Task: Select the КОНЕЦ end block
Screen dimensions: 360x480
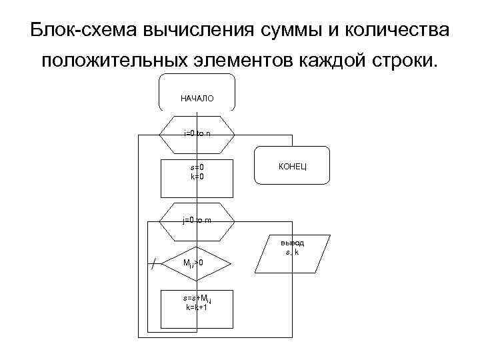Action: (293, 165)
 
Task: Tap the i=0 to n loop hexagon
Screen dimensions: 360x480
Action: (197, 134)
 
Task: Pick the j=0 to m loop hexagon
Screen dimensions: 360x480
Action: (197, 220)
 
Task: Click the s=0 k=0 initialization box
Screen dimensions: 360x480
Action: (197, 178)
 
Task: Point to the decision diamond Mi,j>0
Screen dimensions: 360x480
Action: (197, 263)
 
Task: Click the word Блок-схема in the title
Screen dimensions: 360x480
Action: (83, 31)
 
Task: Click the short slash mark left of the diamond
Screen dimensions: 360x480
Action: (155, 264)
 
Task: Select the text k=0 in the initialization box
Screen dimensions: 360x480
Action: (197, 176)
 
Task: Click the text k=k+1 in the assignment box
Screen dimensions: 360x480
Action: (197, 308)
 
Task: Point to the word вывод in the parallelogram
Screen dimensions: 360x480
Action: (293, 243)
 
